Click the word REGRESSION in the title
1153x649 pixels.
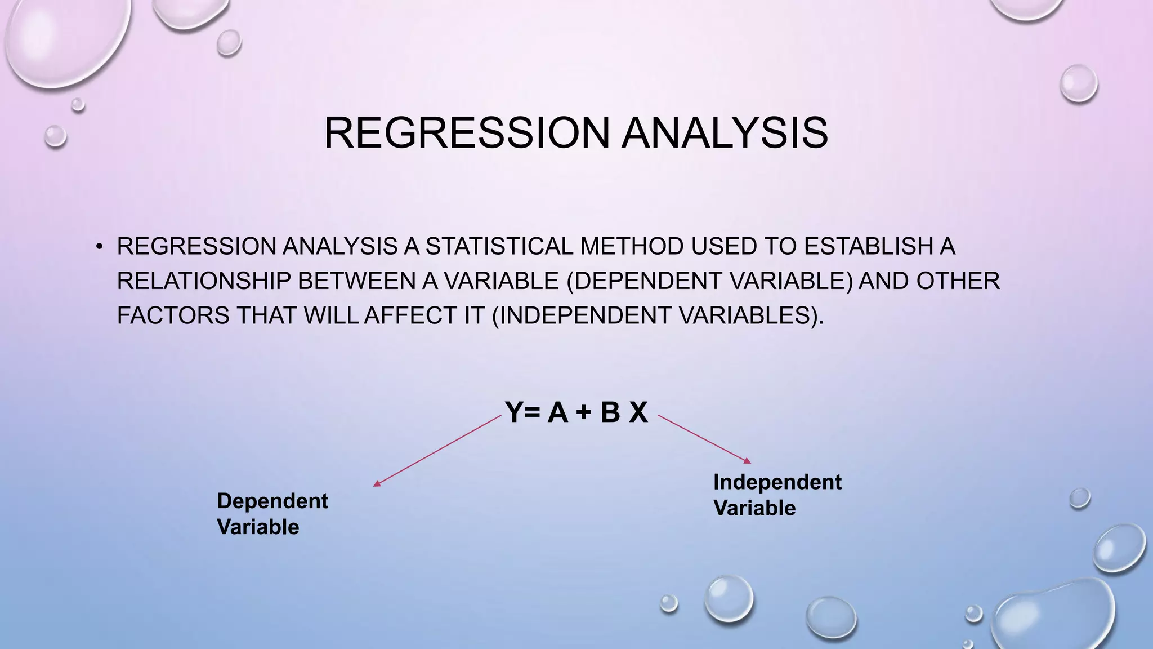[467, 133]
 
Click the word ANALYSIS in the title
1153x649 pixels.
[725, 133]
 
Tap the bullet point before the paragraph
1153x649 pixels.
[99, 247]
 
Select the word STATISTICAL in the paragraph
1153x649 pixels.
[499, 247]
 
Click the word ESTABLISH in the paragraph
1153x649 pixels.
[868, 247]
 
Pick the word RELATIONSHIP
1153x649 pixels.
[203, 281]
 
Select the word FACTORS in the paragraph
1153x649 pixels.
[173, 315]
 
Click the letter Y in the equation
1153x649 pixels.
[514, 412]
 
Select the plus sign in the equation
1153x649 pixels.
[584, 413]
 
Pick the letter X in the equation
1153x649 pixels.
[638, 412]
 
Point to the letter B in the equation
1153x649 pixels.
[610, 412]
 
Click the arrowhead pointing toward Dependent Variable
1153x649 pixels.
[377, 483]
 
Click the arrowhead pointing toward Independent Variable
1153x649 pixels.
[748, 461]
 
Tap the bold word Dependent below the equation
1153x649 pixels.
[272, 501]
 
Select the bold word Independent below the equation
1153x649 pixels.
[777, 482]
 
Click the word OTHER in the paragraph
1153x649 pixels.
[958, 281]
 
